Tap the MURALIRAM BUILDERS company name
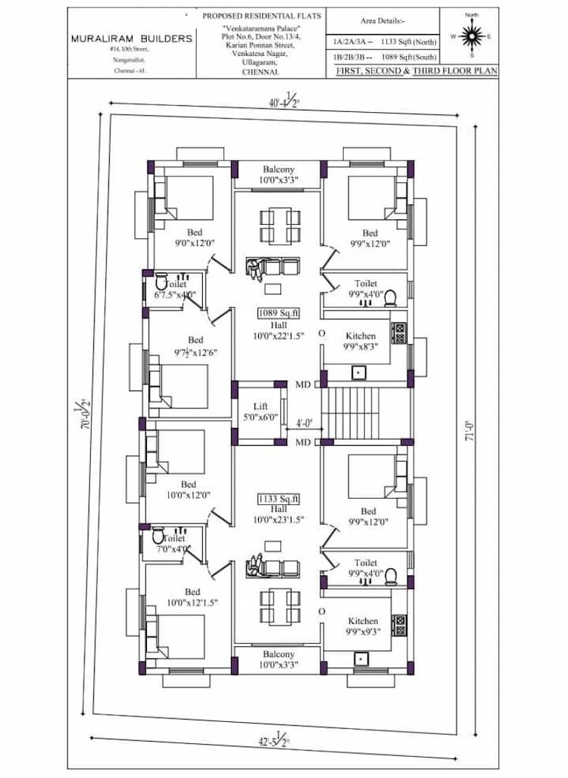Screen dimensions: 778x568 click(132, 38)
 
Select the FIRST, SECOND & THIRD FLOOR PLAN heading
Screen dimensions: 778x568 click(411, 70)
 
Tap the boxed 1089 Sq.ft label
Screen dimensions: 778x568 click(279, 313)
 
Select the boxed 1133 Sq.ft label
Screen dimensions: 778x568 click(279, 499)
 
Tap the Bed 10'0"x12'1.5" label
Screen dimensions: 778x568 click(192, 597)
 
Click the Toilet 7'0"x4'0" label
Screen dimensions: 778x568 click(173, 544)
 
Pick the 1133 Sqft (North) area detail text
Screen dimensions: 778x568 click(409, 42)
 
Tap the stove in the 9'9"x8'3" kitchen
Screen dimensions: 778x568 click(399, 331)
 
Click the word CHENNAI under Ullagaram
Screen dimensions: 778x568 click(260, 73)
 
